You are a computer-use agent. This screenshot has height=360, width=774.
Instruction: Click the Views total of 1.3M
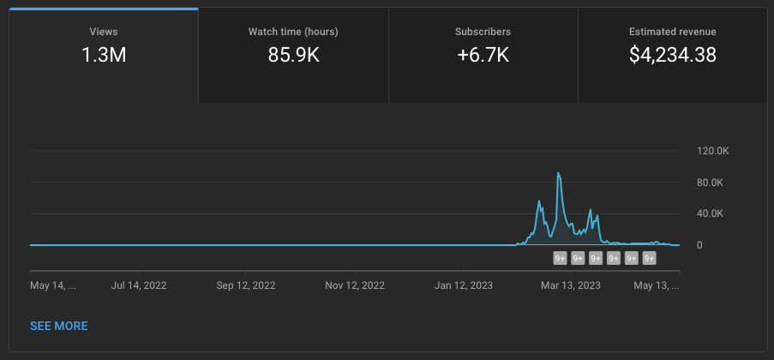pyautogui.click(x=104, y=55)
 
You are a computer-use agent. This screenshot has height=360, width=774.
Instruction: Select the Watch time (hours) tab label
pyautogui.click(x=293, y=32)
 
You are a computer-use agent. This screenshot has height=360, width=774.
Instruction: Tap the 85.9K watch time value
pyautogui.click(x=294, y=55)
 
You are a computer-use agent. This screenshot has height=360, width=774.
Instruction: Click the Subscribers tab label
pyautogui.click(x=483, y=32)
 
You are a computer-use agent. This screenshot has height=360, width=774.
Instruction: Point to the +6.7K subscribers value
pyautogui.click(x=483, y=55)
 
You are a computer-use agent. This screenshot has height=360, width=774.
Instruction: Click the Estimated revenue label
pyautogui.click(x=672, y=32)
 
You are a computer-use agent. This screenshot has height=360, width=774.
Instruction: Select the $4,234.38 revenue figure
pyautogui.click(x=672, y=55)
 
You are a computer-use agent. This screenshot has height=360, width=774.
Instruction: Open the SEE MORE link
pyautogui.click(x=59, y=326)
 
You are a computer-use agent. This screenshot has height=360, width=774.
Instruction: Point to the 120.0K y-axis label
pyautogui.click(x=713, y=151)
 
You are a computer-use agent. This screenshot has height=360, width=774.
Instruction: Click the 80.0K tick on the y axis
pyautogui.click(x=711, y=183)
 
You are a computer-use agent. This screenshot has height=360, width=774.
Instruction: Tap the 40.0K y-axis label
pyautogui.click(x=711, y=213)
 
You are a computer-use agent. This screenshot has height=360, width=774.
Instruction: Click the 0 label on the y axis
pyautogui.click(x=699, y=245)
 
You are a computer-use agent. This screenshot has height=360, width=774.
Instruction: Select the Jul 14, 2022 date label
pyautogui.click(x=139, y=285)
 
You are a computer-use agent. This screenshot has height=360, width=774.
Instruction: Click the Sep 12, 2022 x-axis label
pyautogui.click(x=246, y=285)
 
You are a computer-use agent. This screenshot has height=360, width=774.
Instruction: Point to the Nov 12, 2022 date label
pyautogui.click(x=355, y=285)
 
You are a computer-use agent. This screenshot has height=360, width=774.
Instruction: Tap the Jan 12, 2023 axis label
pyautogui.click(x=464, y=285)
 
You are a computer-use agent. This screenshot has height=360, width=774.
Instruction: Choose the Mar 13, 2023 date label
pyautogui.click(x=571, y=285)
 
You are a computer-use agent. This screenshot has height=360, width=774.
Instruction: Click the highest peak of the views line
pyautogui.click(x=558, y=173)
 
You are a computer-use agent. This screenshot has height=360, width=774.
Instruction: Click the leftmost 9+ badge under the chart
pyautogui.click(x=560, y=258)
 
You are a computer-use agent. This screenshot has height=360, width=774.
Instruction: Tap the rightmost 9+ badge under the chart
pyautogui.click(x=649, y=258)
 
